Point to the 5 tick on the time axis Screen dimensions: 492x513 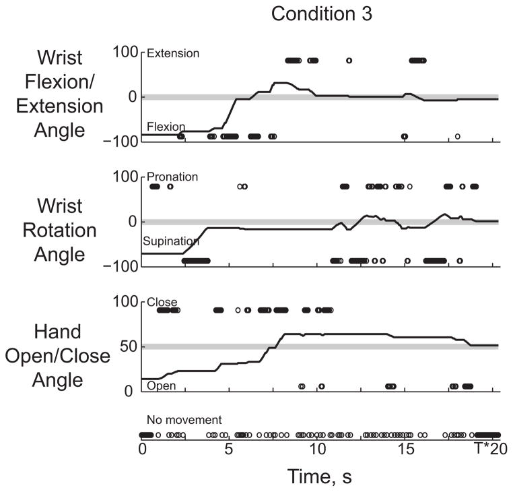(229, 450)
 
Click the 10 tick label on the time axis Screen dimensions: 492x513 (317, 450)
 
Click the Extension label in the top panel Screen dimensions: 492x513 (172, 53)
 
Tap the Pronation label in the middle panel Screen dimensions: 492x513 (172, 177)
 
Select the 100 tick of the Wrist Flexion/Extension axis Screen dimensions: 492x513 (125, 53)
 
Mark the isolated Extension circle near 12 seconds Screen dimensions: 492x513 (349, 60)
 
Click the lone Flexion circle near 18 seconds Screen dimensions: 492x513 (457, 136)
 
